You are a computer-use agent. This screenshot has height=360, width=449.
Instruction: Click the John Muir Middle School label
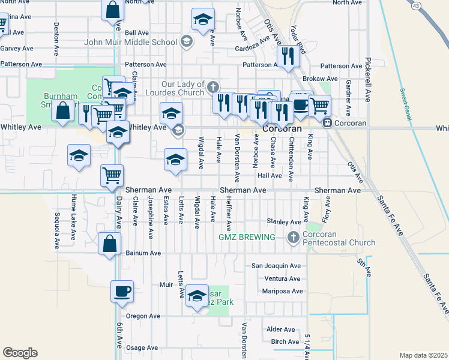click(130, 42)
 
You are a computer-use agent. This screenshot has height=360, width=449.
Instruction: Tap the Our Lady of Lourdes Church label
click(182, 88)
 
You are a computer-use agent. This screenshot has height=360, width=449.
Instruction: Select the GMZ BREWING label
click(247, 237)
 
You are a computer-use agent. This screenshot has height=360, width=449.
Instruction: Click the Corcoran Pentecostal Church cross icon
click(294, 237)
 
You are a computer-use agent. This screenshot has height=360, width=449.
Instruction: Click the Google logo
click(20, 353)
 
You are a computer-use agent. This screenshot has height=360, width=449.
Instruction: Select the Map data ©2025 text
click(423, 355)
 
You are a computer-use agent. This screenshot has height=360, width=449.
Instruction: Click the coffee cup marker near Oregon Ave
click(122, 292)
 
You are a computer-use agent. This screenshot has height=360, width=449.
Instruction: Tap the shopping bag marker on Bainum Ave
click(110, 245)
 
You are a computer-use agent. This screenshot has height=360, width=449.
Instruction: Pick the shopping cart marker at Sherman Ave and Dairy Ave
click(112, 176)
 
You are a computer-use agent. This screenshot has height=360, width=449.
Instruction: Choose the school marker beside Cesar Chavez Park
click(196, 296)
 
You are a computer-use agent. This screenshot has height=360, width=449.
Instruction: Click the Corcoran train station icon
click(328, 123)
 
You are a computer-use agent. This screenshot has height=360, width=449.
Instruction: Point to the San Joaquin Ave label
click(276, 265)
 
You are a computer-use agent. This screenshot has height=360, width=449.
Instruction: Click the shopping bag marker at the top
click(112, 11)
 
